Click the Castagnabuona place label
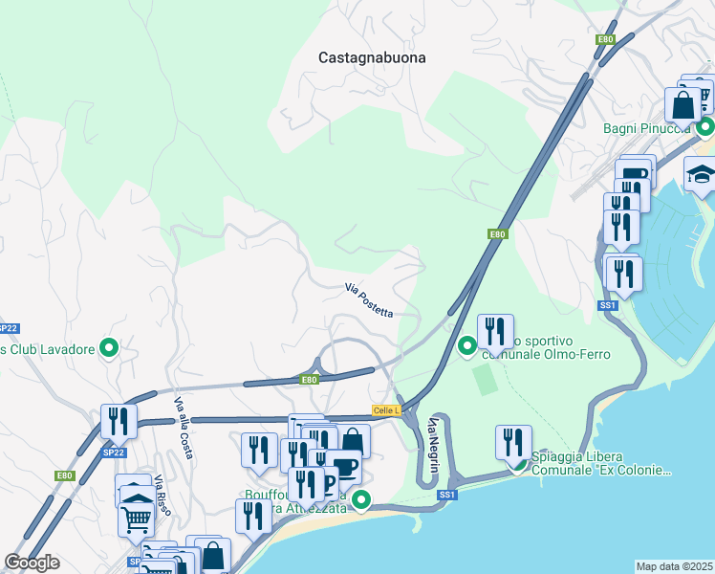(372, 57)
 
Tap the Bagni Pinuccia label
(647, 128)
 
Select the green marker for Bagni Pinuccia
(705, 126)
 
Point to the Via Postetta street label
(369, 298)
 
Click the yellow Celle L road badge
(386, 410)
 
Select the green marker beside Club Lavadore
(110, 349)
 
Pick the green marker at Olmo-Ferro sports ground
(467, 345)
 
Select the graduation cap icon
(701, 174)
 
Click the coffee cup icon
(344, 468)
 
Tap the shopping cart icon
(137, 519)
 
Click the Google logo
(32, 563)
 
